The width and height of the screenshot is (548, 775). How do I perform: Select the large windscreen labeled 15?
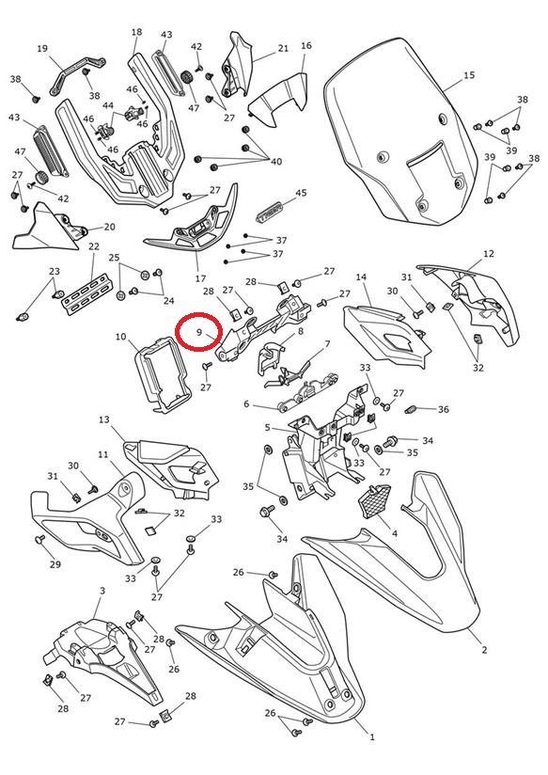pyautogui.click(x=401, y=134)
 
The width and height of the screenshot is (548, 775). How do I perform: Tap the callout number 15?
pyautogui.click(x=469, y=75)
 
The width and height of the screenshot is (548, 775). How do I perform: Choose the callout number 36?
pyautogui.click(x=444, y=409)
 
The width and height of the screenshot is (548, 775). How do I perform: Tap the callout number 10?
pyautogui.click(x=120, y=337)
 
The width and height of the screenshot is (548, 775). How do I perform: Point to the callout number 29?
pyautogui.click(x=55, y=564)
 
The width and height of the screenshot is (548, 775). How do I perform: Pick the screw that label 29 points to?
pyautogui.click(x=40, y=539)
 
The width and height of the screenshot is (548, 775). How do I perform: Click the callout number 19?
pyautogui.click(x=42, y=49)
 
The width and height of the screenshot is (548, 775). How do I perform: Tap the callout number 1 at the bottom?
pyautogui.click(x=372, y=737)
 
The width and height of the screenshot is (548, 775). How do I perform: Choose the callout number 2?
pyautogui.click(x=484, y=650)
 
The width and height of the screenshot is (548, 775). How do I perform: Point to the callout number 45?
pyautogui.click(x=301, y=193)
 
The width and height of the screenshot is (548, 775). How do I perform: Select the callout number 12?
pyautogui.click(x=488, y=254)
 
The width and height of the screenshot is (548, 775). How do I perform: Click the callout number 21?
pyautogui.click(x=283, y=48)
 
